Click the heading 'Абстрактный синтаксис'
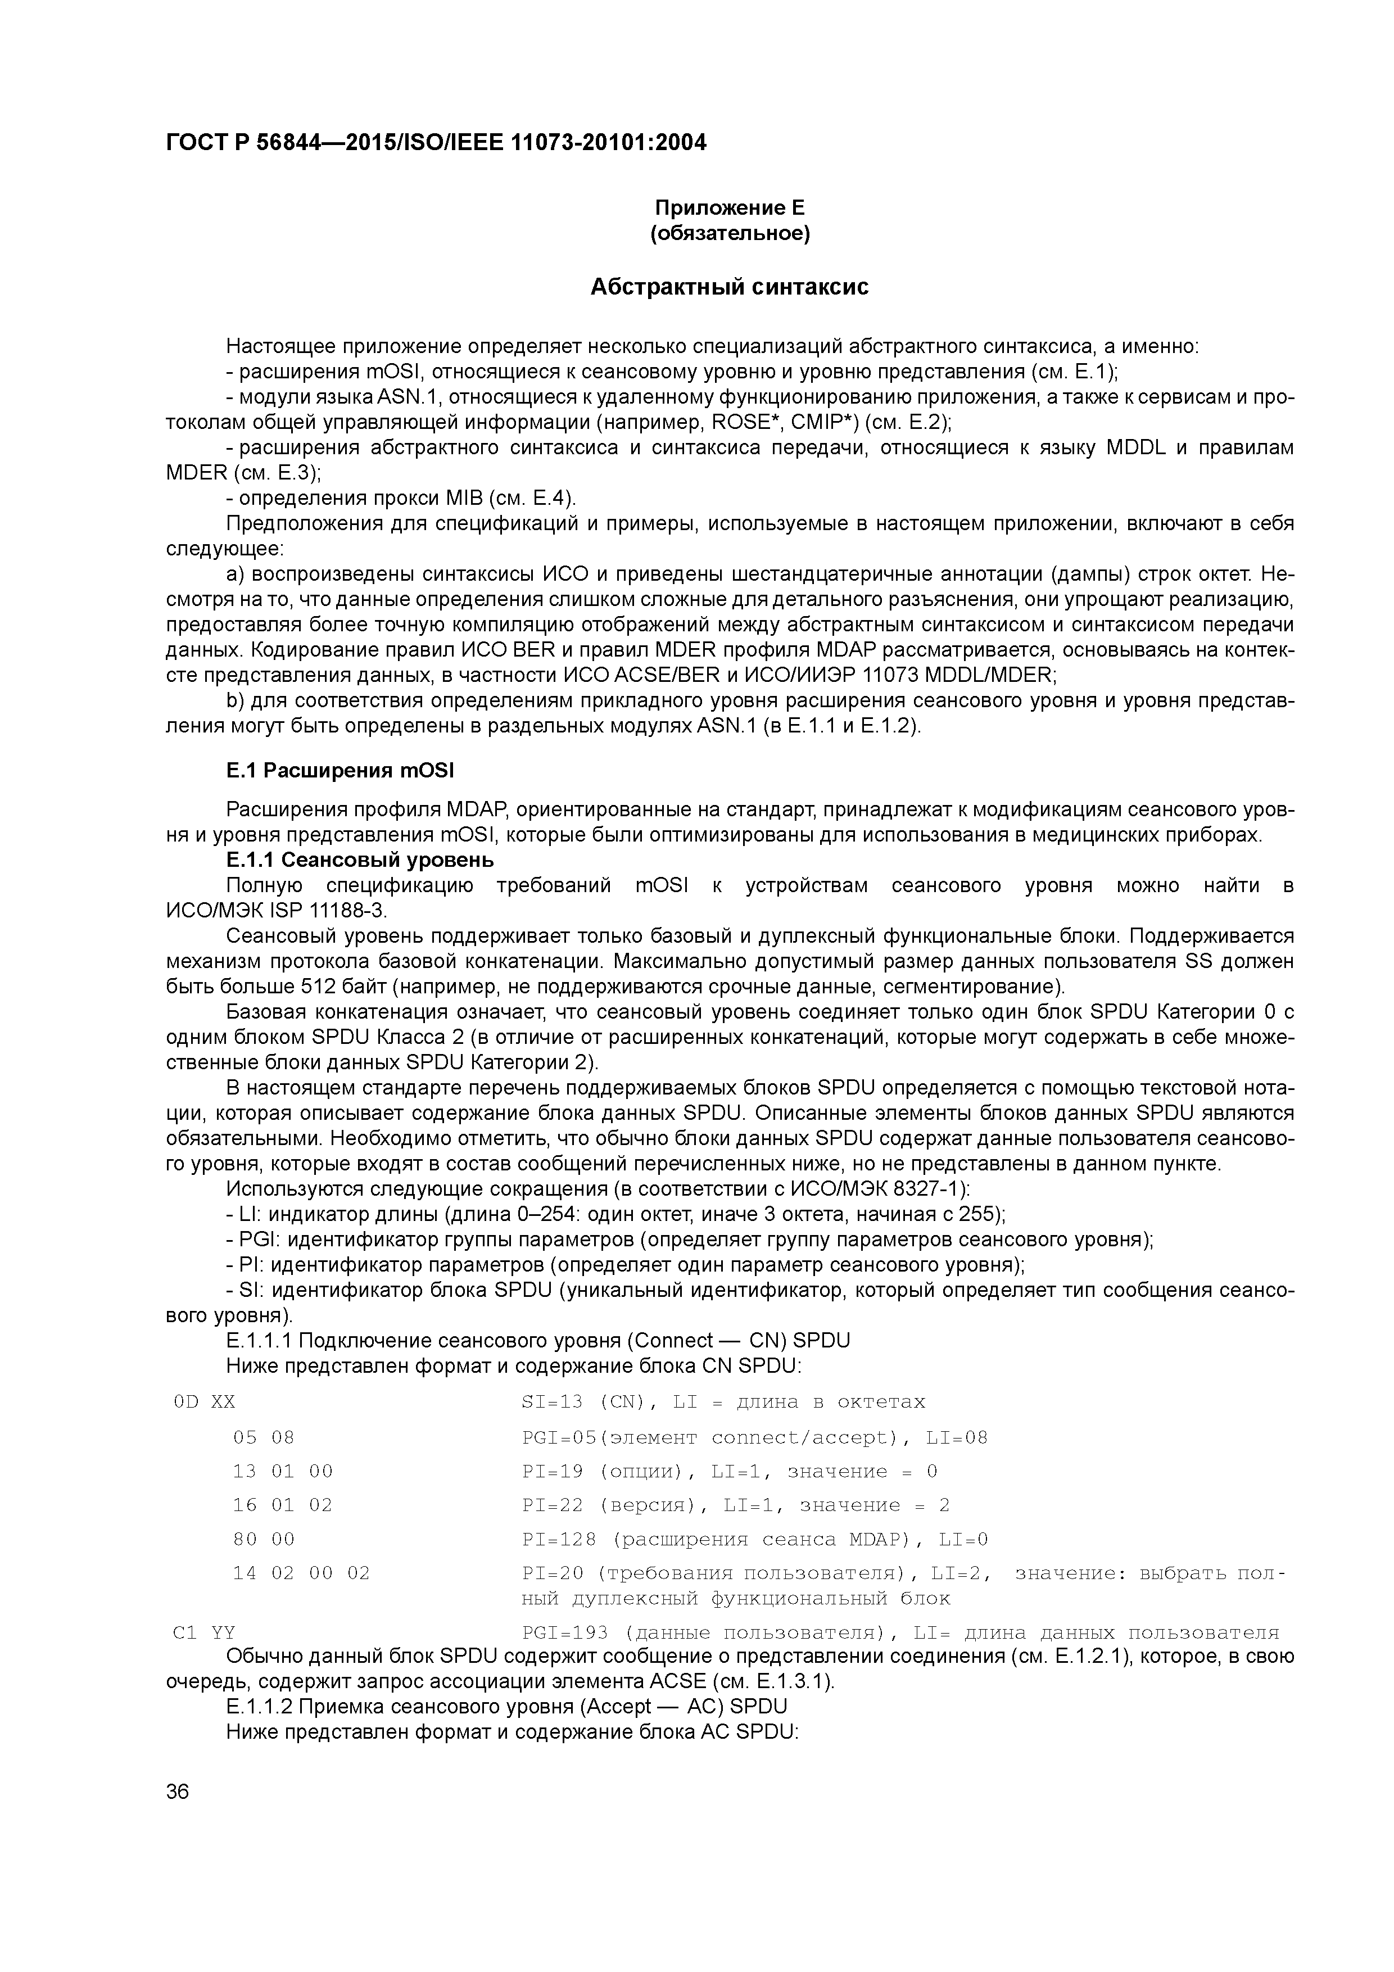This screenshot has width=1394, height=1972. [729, 287]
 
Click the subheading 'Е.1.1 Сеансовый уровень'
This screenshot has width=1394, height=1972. [360, 860]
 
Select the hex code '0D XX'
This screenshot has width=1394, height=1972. [203, 1403]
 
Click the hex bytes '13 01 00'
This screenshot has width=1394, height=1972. [283, 1471]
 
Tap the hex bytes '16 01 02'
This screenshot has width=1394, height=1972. [283, 1505]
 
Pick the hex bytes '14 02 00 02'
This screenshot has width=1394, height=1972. [301, 1573]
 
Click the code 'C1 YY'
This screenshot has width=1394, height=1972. [203, 1632]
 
